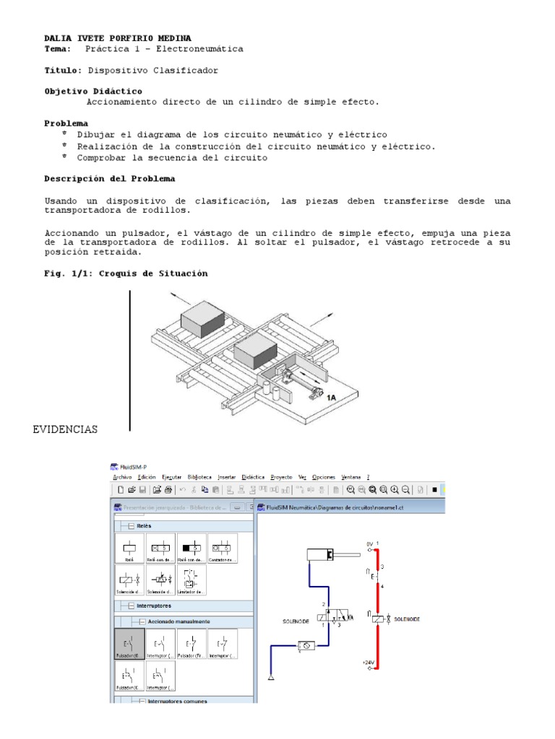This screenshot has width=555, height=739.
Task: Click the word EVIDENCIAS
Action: point(65,430)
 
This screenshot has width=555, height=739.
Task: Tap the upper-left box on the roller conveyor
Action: point(202,317)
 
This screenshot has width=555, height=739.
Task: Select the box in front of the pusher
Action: point(256,354)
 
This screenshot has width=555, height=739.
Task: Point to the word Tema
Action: point(57,49)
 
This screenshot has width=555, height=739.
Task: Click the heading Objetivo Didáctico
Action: point(93,92)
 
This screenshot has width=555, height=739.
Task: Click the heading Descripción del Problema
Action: point(109,178)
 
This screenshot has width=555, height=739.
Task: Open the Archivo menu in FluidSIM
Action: point(123,477)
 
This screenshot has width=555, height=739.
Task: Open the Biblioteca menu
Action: point(199,477)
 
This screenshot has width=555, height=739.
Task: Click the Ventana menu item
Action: point(351,477)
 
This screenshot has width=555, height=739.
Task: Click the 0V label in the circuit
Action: point(369,543)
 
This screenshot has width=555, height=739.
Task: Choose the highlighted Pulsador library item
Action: point(129,643)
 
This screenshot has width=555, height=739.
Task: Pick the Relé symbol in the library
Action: point(129,548)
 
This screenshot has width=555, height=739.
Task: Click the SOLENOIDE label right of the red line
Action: point(406,618)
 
